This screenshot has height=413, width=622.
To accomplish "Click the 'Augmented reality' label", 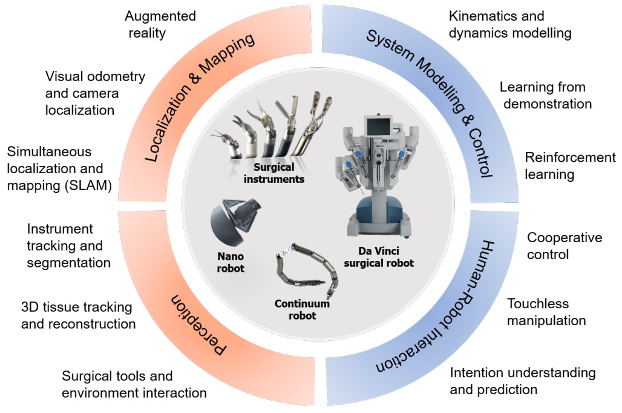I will [160, 24].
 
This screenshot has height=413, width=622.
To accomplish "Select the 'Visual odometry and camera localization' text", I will [95, 93].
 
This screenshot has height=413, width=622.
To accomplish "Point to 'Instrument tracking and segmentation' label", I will [68, 246].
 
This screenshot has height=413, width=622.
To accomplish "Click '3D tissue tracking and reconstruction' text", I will [78, 315].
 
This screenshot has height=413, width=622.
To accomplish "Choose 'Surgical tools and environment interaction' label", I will [134, 384].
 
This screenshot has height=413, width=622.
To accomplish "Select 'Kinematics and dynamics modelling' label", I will [510, 24].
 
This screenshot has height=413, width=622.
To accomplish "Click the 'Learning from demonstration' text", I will [545, 95].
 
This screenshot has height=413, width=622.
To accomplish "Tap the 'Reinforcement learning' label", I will [569, 166].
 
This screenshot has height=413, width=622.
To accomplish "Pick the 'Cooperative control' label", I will [564, 245].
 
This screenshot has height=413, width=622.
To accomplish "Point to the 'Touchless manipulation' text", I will [546, 311].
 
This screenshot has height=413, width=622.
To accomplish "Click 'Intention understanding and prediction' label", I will [522, 380].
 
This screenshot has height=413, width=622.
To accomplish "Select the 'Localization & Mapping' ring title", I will [200, 96].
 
